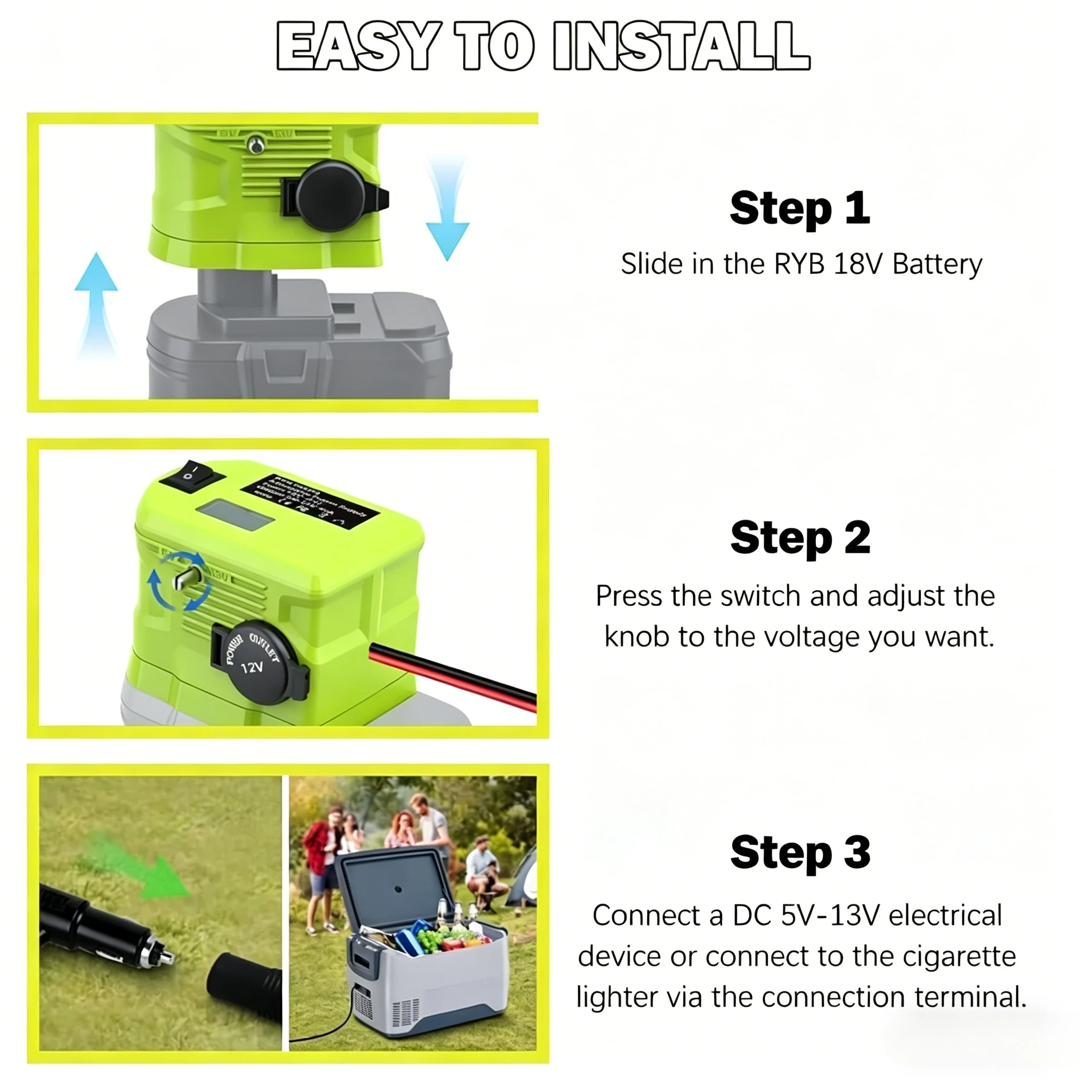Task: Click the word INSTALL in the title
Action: [681, 46]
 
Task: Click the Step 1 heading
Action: [799, 208]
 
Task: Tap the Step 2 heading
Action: [800, 537]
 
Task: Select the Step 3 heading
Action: [800, 852]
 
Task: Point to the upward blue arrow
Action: [96, 296]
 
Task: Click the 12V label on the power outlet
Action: [252, 668]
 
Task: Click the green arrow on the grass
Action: [147, 873]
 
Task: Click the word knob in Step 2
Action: [637, 637]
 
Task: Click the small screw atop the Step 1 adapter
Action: [255, 146]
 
